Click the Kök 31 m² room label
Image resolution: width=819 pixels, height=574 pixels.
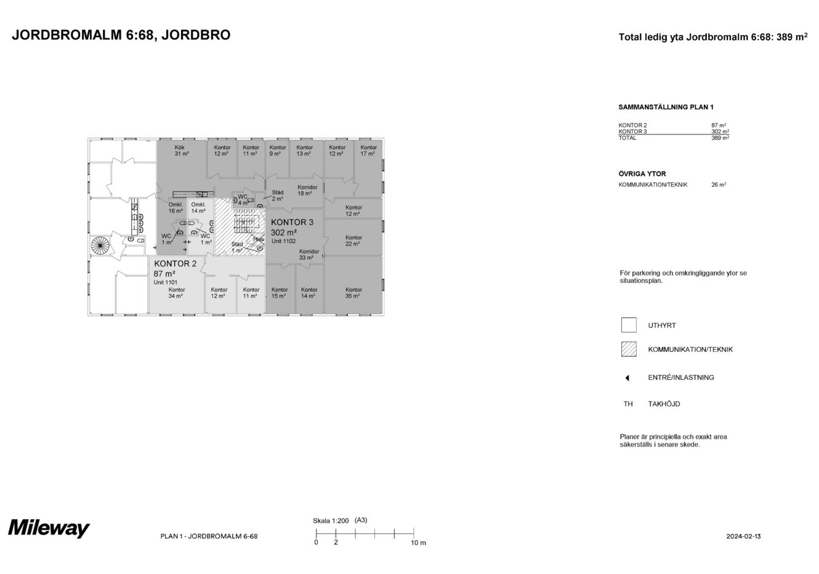pos(180,150)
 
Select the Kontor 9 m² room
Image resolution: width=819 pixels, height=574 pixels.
pos(278,150)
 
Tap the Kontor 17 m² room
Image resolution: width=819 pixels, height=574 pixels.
pos(368,150)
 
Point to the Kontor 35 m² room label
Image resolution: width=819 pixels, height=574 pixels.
pos(353,293)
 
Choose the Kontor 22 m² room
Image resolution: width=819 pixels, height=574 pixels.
pos(353,240)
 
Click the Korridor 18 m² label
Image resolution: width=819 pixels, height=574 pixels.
pos(307,190)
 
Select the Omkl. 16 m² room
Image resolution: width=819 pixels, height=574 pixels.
pos(175,208)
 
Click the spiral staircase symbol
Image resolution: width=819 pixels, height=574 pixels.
pos(100,246)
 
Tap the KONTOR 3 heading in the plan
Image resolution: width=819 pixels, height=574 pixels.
pos(292,222)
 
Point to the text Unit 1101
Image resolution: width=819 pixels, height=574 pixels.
pos(166,282)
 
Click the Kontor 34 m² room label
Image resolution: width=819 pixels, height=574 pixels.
pos(176,293)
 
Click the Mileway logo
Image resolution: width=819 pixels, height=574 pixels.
pos(49,529)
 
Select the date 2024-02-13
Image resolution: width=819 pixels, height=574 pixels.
pos(743,536)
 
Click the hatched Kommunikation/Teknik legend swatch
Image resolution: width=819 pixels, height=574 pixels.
pos(628,349)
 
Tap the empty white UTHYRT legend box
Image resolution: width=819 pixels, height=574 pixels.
pos(628,325)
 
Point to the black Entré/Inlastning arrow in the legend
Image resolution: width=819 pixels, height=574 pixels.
pos(627,378)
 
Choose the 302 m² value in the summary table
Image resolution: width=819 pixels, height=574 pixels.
pos(720,131)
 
